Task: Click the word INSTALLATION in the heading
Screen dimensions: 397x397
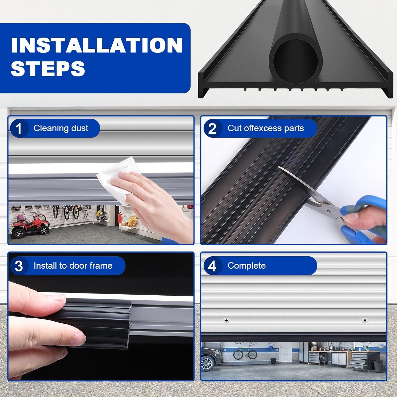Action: (x=97, y=45)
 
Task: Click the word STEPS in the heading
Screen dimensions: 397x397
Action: (x=48, y=68)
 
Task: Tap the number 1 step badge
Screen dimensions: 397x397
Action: (x=19, y=129)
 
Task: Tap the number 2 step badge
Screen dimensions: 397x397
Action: (x=212, y=129)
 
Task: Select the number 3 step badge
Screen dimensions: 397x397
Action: (x=19, y=266)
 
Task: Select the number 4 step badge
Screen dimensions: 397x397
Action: (x=212, y=266)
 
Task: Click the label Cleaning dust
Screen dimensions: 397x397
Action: (x=61, y=128)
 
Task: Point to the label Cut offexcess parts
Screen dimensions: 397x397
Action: (x=265, y=128)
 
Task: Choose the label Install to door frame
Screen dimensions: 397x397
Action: (x=73, y=265)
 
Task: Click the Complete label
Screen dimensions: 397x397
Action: (x=246, y=265)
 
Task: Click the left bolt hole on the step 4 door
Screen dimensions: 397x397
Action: (x=226, y=321)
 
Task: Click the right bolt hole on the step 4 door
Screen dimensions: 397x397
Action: (x=365, y=321)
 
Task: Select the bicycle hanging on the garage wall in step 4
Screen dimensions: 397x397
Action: (x=245, y=353)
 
